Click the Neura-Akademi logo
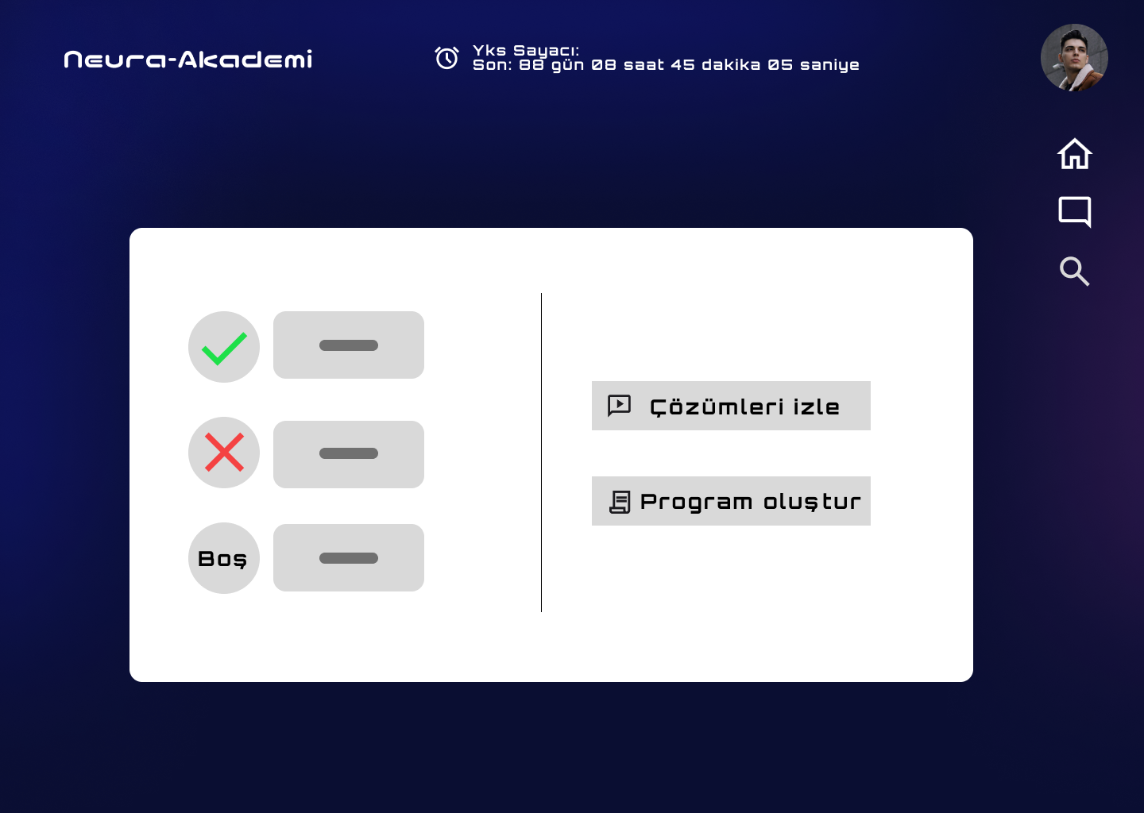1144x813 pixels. coord(188,60)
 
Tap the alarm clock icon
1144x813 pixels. coord(446,58)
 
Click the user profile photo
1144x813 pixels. coord(1074,57)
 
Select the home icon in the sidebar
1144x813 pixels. coord(1075,153)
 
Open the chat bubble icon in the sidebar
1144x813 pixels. coord(1075,211)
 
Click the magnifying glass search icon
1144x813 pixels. coord(1075,271)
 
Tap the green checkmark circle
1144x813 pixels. coord(224,347)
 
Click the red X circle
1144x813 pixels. coord(224,453)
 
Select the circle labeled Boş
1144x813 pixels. coord(224,558)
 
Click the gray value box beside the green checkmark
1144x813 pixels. coord(348,345)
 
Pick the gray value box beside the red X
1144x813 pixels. coord(348,454)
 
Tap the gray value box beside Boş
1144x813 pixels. coord(348,558)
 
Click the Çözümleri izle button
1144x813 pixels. coord(731,406)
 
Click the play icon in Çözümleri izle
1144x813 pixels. coord(619,406)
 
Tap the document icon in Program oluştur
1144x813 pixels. coord(620,503)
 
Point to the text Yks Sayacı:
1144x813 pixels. coord(526,51)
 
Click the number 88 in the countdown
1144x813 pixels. coord(531,65)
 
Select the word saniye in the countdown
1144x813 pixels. coord(829,65)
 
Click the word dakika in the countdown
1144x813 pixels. coord(731,65)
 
